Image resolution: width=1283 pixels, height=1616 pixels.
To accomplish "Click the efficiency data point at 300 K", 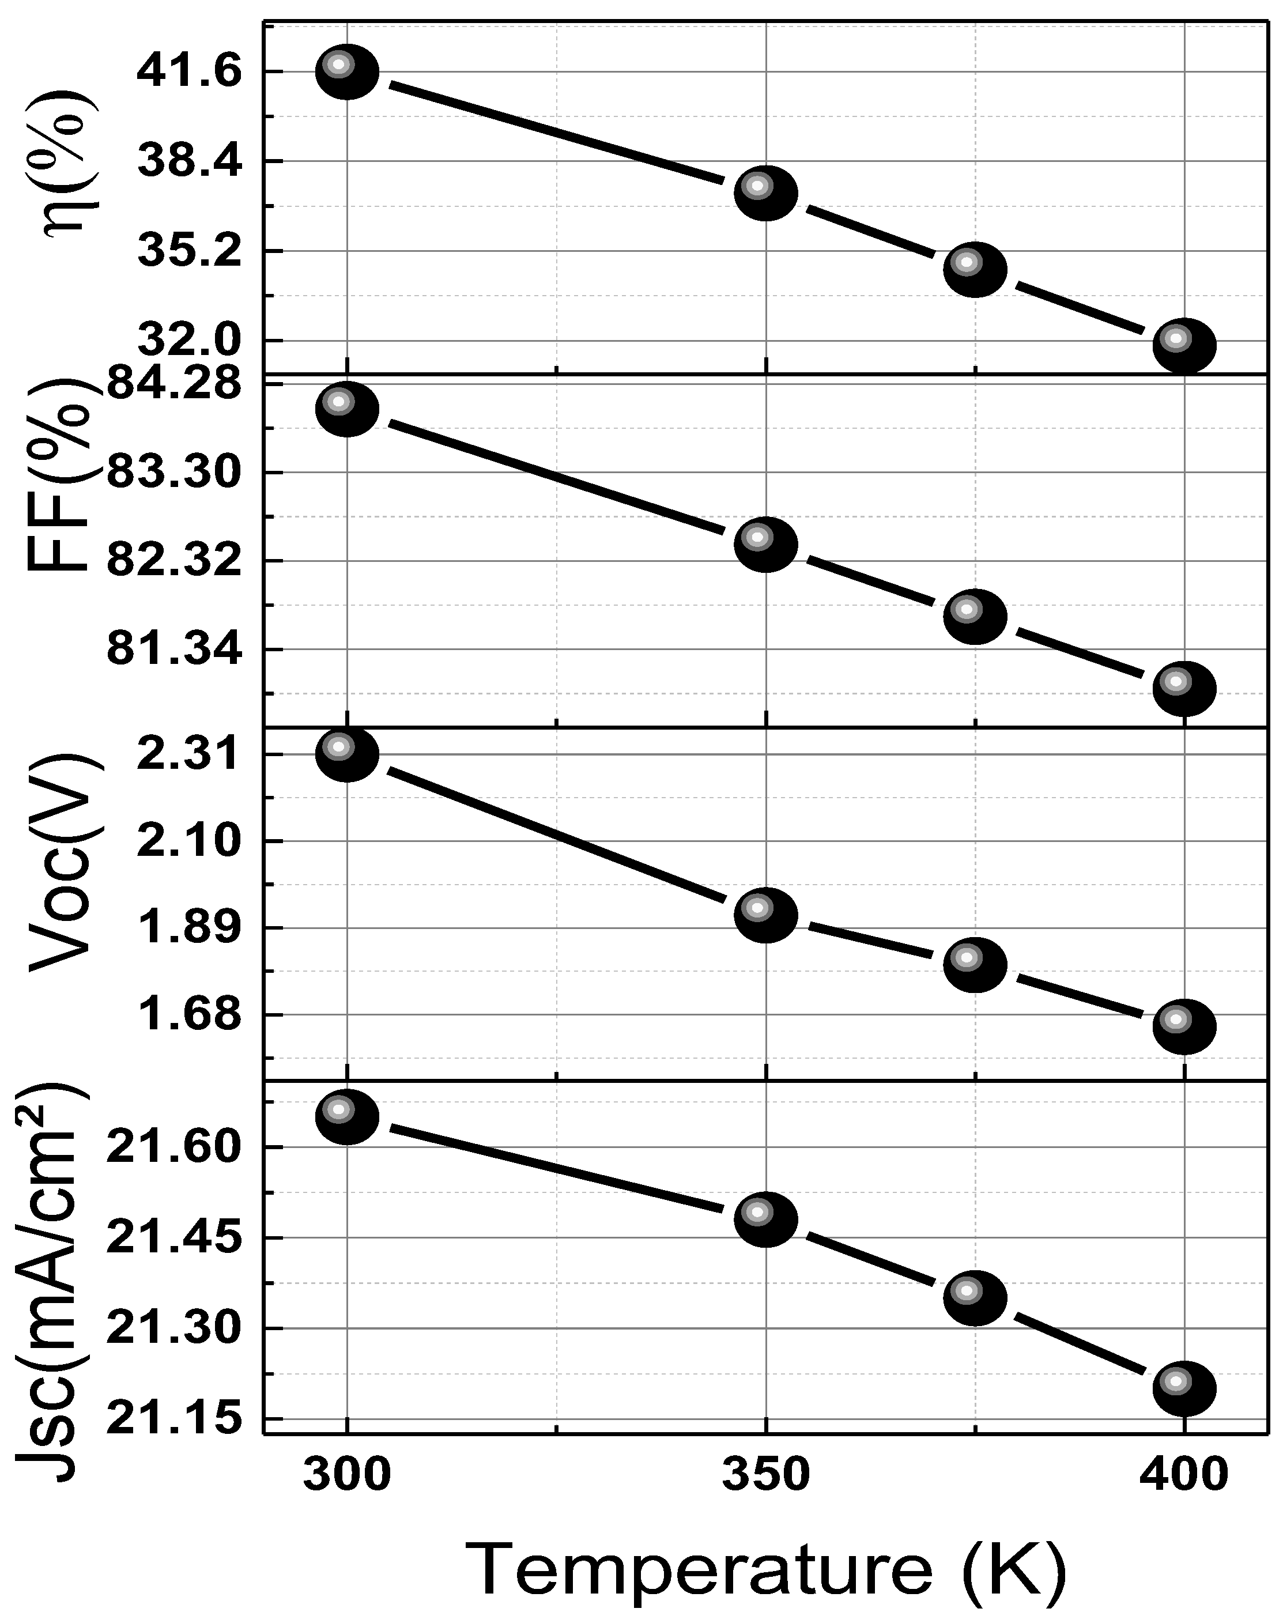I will tap(346, 71).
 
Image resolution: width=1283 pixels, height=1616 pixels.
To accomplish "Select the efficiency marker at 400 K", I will tap(1183, 346).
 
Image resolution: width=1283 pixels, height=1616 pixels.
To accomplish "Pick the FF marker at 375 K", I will tap(974, 616).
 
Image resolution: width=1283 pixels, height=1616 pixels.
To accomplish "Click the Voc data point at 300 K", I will tap(346, 753).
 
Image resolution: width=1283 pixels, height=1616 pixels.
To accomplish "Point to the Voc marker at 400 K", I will tap(1183, 1026).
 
